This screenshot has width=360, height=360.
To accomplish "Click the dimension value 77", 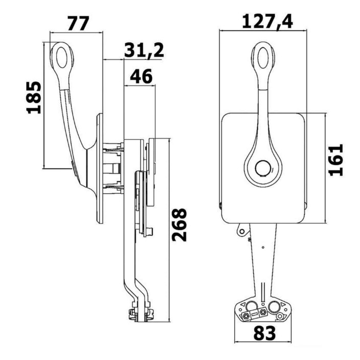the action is coord(78,24).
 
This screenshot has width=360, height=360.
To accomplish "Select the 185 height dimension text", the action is coord(34,97).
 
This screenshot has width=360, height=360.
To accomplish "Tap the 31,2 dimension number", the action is coord(144,51).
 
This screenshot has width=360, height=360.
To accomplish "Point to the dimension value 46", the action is coord(141,76).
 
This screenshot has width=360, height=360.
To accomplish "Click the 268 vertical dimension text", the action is coord(179,224).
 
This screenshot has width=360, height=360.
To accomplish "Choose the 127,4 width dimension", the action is coord(268,21).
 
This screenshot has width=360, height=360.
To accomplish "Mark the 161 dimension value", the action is coord(336,160).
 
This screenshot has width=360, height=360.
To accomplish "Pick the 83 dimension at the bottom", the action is coord(264,333).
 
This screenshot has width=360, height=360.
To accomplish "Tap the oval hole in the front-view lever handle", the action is coord(263,57).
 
